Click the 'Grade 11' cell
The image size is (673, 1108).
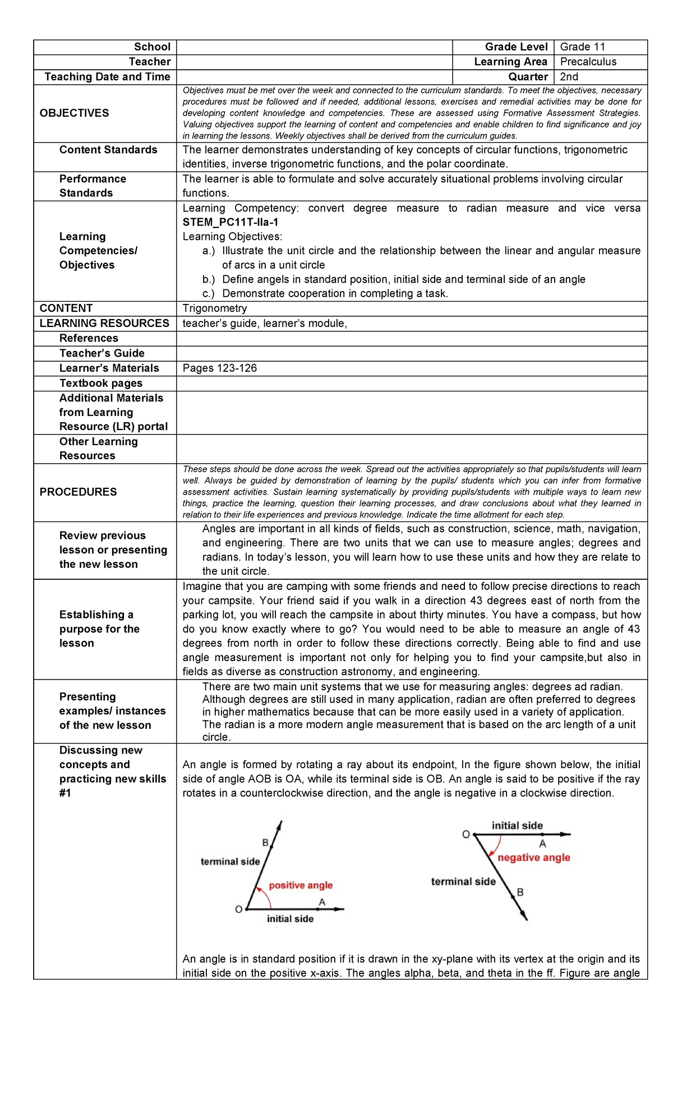click(582, 47)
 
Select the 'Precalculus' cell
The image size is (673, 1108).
click(588, 62)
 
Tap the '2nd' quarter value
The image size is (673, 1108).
click(569, 77)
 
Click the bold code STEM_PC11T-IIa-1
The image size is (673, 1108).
click(231, 222)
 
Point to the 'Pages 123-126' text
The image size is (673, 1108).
click(220, 368)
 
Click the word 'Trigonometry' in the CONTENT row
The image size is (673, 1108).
click(215, 308)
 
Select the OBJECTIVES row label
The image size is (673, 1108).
click(75, 113)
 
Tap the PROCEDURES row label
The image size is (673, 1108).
click(79, 492)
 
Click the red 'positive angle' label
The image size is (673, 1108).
click(301, 885)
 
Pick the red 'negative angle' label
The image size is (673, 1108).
click(534, 857)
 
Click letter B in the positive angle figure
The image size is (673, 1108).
click(266, 842)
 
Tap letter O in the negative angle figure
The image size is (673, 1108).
click(465, 834)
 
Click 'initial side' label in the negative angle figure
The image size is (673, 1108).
click(517, 825)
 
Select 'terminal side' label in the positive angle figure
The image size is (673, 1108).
click(230, 861)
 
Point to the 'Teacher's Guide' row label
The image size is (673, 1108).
click(102, 353)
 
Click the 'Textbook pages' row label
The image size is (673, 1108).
click(101, 384)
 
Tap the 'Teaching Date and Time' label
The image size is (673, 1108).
click(107, 77)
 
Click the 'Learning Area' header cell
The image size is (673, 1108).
click(510, 62)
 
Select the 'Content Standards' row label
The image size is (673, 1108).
click(108, 150)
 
